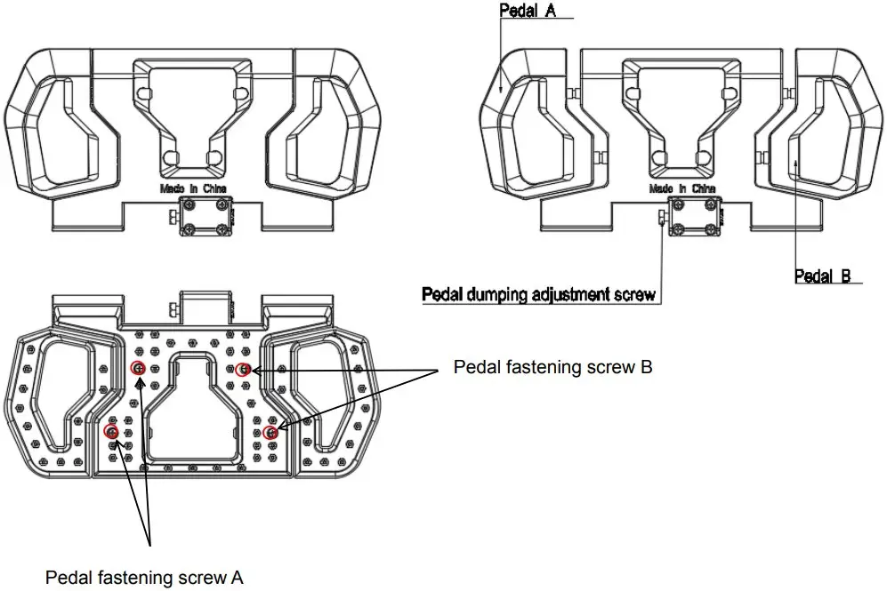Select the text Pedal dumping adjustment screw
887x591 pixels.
(538, 293)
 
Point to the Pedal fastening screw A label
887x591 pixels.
(145, 577)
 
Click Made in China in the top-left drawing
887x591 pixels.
(193, 188)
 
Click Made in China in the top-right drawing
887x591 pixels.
(682, 188)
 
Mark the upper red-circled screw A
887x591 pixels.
(139, 369)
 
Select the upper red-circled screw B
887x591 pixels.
(243, 369)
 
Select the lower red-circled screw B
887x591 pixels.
(270, 433)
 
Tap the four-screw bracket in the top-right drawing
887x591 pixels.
(696, 218)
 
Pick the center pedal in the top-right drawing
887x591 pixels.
(682, 116)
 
